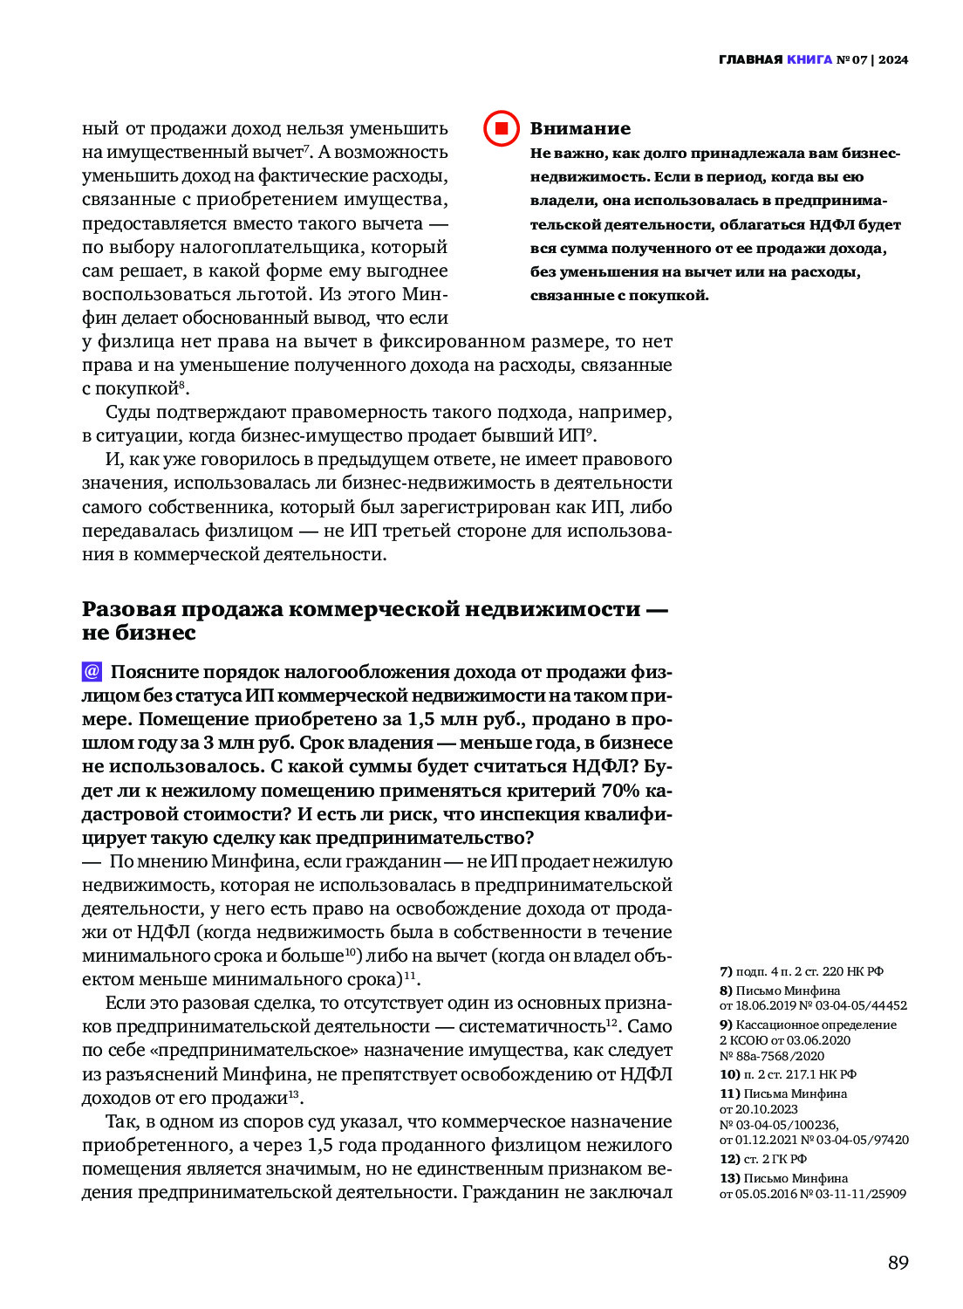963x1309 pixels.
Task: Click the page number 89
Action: [898, 1263]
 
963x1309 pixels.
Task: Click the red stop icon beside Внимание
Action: [502, 129]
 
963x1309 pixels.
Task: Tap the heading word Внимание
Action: [580, 129]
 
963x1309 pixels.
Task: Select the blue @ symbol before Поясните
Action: [92, 672]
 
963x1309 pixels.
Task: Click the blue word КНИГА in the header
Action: [809, 59]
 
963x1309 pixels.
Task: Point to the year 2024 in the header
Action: [893, 59]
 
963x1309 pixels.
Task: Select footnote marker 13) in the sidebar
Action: [729, 1178]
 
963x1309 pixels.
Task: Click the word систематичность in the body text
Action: [532, 1027]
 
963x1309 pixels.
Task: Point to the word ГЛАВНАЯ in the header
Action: [750, 59]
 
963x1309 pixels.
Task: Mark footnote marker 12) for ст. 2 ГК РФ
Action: [729, 1159]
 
